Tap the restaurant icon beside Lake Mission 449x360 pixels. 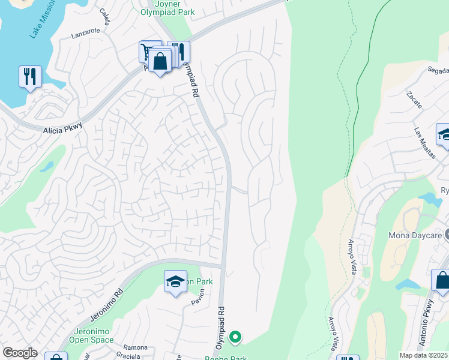click(30, 77)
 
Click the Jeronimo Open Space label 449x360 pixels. click(93, 335)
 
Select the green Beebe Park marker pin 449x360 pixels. click(236, 338)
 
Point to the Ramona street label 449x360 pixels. click(135, 347)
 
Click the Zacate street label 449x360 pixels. click(414, 100)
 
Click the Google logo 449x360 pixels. click(20, 353)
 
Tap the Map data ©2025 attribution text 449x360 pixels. click(423, 355)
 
